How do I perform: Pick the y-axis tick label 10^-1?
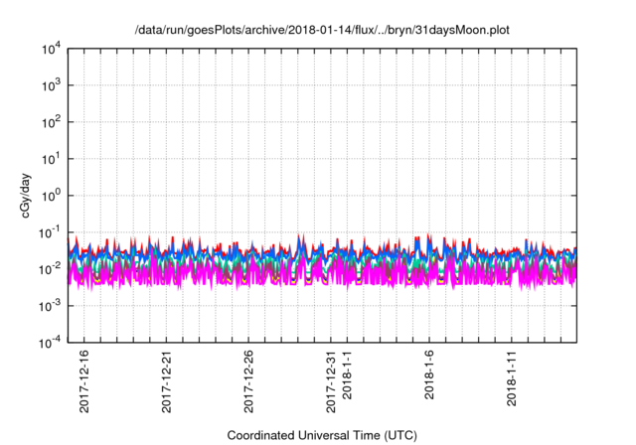tap(49, 232)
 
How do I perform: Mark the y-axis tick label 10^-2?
tap(49, 269)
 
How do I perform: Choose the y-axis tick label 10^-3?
tap(49, 306)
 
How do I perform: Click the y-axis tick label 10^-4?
tap(49, 343)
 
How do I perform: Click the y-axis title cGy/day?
tap(15, 196)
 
